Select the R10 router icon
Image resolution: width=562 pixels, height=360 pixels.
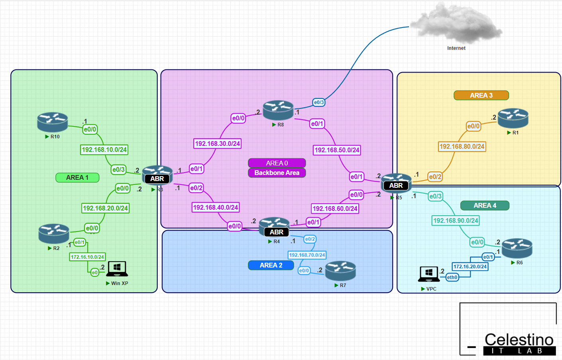53,122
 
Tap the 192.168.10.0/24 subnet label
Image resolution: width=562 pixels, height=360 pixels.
104,150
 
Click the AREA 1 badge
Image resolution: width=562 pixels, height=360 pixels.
77,177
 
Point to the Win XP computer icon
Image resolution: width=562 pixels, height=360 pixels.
117,269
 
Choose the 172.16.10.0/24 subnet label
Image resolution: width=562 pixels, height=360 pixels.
87,257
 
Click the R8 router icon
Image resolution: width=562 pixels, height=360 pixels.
278,110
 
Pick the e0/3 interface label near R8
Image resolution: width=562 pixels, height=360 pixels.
319,102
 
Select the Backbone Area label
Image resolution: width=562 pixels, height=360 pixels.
277,173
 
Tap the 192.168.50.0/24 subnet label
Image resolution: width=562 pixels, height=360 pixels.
337,150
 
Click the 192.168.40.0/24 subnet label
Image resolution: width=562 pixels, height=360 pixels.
215,207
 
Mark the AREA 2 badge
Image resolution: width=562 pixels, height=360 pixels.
271,265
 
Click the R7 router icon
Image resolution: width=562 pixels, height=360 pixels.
340,271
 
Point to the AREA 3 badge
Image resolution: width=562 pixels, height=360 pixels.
481,95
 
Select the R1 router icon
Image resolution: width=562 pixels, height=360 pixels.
513,118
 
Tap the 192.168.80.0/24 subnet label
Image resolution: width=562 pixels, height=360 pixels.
462,146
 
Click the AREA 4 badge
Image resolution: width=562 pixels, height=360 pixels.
485,205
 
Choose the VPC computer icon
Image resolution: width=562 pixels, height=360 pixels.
429,274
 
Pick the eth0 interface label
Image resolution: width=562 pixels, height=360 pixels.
452,277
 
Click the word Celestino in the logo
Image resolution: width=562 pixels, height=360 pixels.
519,340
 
